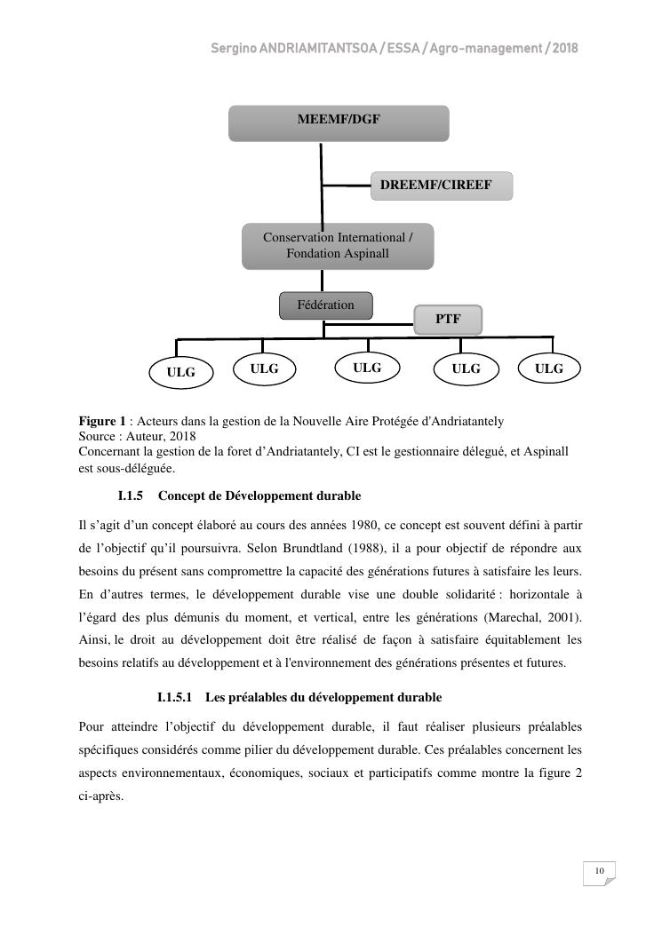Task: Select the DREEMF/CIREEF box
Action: tap(441, 186)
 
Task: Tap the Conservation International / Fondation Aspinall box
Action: tap(338, 246)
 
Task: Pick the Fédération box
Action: tap(325, 305)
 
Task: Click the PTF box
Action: tap(448, 320)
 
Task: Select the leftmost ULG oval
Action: tap(180, 372)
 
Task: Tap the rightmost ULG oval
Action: tap(548, 368)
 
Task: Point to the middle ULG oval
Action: tap(366, 368)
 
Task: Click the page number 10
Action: tap(600, 871)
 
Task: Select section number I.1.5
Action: tap(130, 495)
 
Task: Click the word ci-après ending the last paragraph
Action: tap(100, 796)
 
